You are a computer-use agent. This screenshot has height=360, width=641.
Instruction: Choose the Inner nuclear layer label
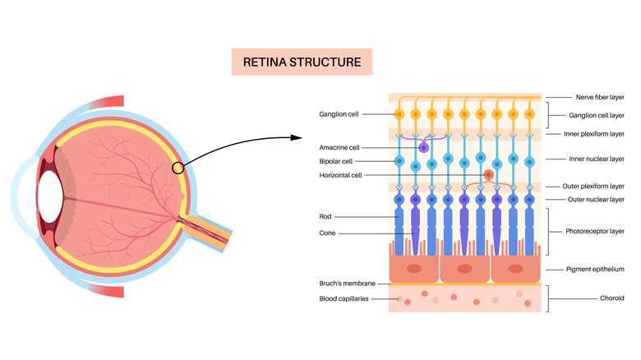594,159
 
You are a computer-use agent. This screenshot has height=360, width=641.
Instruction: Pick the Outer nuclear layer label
594,200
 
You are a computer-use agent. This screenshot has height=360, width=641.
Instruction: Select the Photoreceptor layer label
596,232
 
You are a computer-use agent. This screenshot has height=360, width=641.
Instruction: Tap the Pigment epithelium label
595,269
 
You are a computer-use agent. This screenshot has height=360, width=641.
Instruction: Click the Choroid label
578,298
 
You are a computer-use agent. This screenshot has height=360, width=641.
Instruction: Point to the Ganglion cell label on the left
339,113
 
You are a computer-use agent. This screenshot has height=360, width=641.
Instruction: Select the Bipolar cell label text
337,161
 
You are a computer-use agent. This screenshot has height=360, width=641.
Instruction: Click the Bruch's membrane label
346,283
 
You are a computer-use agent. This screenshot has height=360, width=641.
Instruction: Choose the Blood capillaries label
344,299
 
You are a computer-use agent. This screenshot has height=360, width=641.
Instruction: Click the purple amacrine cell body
424,147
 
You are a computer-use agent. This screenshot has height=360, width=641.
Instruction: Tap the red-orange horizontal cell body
489,174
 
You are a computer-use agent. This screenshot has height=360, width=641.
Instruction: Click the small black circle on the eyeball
178,168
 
